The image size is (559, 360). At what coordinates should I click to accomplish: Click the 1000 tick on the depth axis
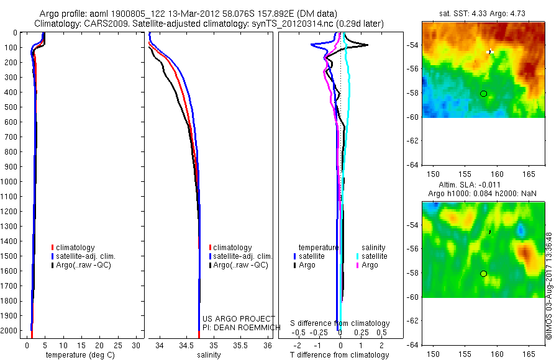click(11, 182)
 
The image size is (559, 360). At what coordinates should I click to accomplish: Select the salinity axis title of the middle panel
click(209, 355)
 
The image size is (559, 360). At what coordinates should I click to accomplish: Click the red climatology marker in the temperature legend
click(52, 248)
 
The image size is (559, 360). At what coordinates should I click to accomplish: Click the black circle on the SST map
click(483, 94)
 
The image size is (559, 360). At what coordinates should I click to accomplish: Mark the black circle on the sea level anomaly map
click(483, 274)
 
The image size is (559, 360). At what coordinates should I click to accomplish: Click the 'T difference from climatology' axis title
click(340, 355)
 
